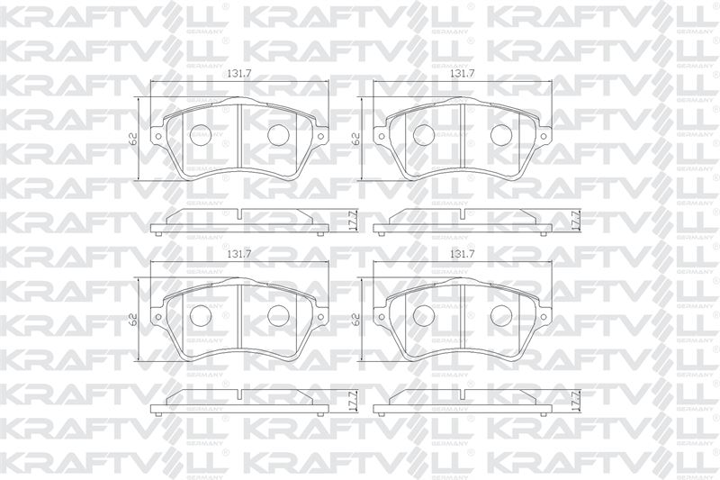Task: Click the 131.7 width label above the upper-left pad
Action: click(239, 74)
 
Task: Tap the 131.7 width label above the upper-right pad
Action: click(462, 74)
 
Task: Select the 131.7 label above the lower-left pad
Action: click(239, 254)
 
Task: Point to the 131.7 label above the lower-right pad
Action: click(462, 254)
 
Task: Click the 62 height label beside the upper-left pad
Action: click(133, 140)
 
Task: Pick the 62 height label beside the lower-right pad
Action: click(355, 319)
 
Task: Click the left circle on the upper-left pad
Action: click(201, 135)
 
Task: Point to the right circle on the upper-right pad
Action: click(501, 134)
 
